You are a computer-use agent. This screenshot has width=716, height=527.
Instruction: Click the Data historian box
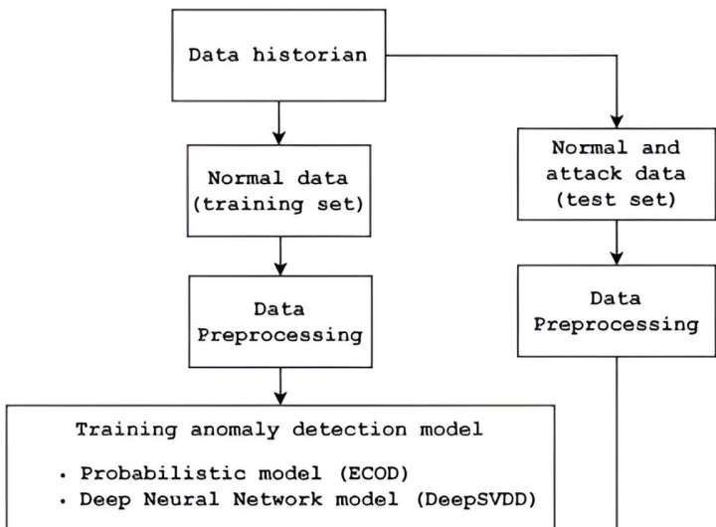[x=278, y=55]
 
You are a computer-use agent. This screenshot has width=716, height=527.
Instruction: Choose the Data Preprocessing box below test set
[x=616, y=310]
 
